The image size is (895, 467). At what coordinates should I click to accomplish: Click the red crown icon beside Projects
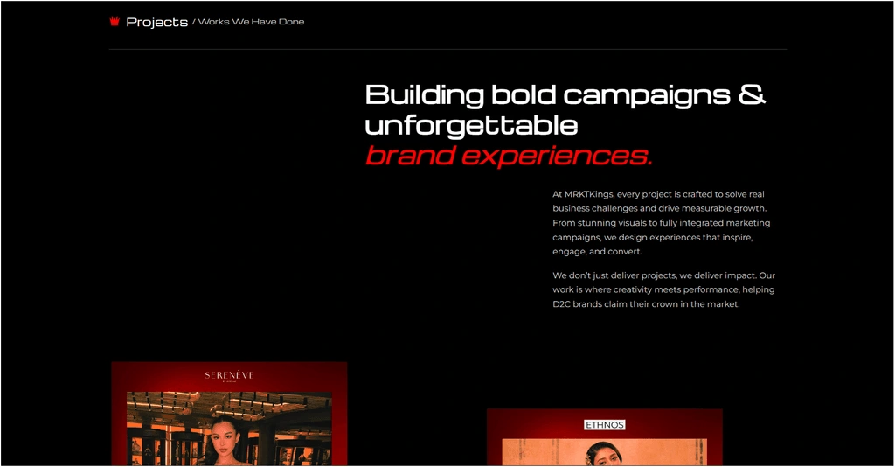(114, 21)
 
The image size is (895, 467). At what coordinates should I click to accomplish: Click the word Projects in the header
(157, 22)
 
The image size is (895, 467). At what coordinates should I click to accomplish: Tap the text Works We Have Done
(251, 22)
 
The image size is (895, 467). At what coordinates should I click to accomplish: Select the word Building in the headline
(425, 94)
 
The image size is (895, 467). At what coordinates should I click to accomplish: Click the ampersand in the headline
(753, 94)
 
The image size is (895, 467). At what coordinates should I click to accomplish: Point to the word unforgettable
(471, 125)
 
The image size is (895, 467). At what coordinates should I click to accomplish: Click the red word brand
(410, 156)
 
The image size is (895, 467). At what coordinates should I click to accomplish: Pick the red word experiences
(557, 157)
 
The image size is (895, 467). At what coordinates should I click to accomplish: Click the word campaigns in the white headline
(647, 95)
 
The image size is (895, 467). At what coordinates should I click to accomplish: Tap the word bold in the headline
(524, 94)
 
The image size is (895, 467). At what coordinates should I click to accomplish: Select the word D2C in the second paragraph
(562, 304)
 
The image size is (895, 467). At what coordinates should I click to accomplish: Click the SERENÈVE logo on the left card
(229, 375)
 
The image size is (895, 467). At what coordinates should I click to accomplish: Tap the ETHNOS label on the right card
(605, 425)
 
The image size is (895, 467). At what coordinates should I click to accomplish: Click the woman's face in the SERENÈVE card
(225, 440)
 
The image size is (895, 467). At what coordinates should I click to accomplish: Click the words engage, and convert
(597, 252)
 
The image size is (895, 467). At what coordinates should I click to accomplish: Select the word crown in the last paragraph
(665, 304)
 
